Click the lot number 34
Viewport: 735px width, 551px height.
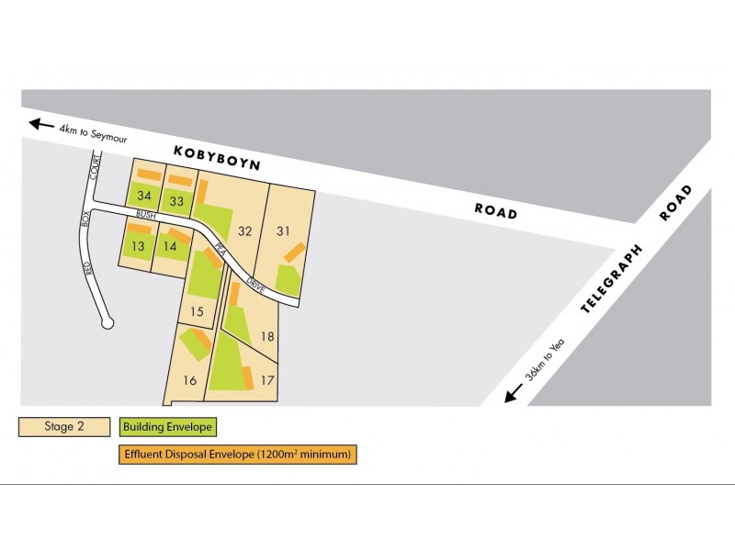143,196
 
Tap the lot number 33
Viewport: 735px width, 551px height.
176,201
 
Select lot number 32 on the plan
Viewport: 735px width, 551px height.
244,231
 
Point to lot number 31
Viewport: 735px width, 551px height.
283,231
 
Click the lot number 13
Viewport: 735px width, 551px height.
138,246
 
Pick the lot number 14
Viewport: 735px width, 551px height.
169,246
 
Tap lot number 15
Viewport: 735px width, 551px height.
196,311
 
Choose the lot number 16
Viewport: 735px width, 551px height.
190,380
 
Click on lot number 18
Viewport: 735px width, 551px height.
267,336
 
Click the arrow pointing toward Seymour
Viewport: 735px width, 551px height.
40,124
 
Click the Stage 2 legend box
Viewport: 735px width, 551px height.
65,427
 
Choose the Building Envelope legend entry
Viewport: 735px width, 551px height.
168,427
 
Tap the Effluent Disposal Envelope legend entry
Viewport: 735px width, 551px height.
237,454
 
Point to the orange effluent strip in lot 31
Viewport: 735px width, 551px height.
294,252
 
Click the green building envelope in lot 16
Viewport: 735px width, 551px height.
194,344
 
